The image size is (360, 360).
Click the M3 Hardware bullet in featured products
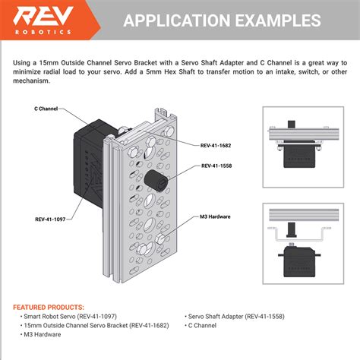[41, 333]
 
